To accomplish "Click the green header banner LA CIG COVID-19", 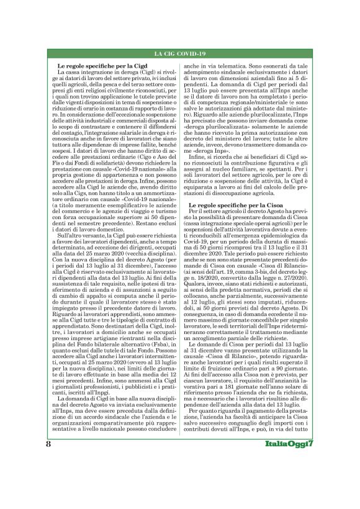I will (x=180, y=55).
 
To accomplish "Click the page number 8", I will (x=48, y=479).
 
